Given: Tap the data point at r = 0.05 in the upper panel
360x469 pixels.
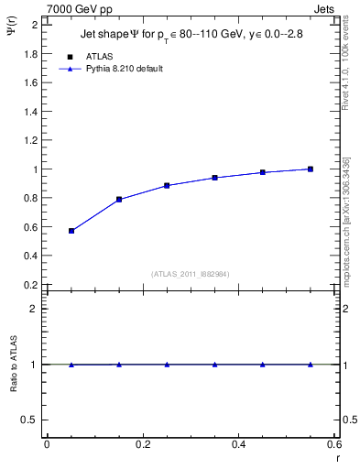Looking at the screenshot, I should click(x=71, y=231).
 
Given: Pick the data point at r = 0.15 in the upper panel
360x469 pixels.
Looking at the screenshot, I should click(x=119, y=199).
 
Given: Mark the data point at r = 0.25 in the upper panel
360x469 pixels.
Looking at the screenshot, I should click(x=167, y=185).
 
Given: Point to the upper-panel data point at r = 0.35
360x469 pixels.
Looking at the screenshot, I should click(x=214, y=178).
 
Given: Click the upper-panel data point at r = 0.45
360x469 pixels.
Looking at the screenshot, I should click(x=263, y=172).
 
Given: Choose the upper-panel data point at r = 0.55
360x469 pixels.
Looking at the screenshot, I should click(x=311, y=169).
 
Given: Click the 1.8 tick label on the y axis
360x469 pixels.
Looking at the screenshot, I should click(x=29, y=53).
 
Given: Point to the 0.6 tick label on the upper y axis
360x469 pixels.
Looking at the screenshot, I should click(x=29, y=227).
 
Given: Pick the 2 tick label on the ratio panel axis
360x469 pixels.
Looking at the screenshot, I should click(x=34, y=309).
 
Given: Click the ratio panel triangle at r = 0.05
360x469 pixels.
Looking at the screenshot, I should click(x=71, y=365).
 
